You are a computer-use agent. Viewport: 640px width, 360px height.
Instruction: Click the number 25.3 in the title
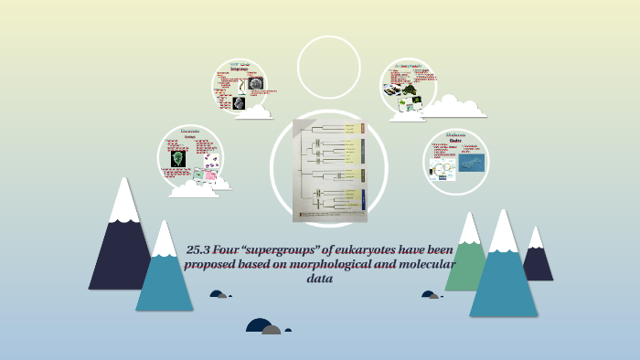199,249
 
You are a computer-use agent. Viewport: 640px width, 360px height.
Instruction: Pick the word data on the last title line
319,279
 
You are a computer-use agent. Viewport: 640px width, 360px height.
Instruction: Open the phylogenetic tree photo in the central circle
329,170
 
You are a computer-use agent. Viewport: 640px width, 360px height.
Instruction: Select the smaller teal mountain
164,274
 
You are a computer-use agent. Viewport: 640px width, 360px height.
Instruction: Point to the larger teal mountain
504,274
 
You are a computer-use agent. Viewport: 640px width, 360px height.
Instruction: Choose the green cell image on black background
176,158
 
